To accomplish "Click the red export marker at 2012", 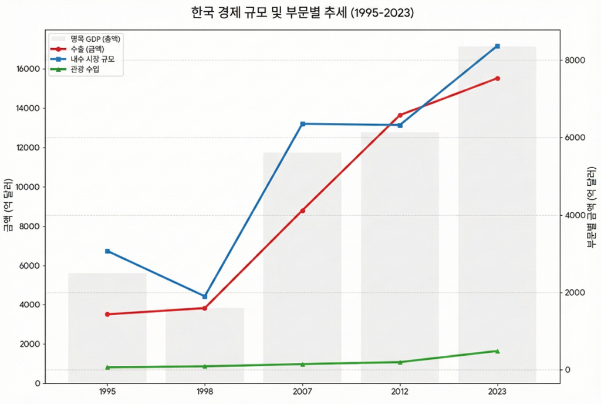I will click(x=400, y=115).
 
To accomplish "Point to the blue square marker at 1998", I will click(x=204, y=296).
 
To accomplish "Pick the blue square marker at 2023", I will click(x=497, y=46).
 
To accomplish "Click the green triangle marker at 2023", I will click(x=497, y=351).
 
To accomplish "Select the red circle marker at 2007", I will click(x=302, y=211).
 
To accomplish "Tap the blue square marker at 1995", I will click(x=107, y=251).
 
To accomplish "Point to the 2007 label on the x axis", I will click(x=302, y=391).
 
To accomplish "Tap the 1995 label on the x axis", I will click(x=107, y=391).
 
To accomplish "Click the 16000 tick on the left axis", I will click(x=28, y=69).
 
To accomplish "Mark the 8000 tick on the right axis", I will click(x=575, y=61).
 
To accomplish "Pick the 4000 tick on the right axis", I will click(x=575, y=215).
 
